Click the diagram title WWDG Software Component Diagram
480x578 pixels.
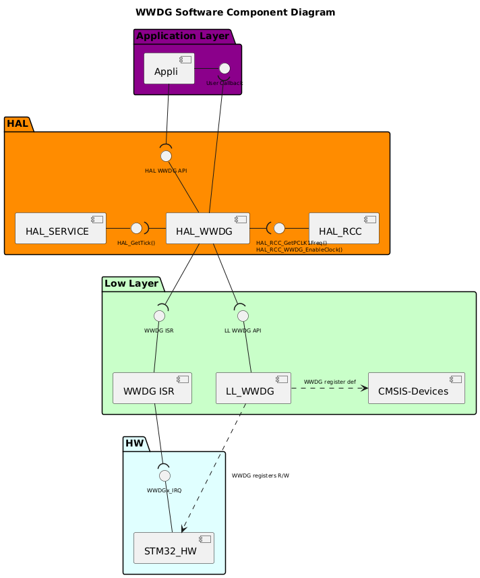[x=235, y=12]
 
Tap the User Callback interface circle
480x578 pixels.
[x=224, y=68]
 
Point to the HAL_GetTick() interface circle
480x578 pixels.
[x=135, y=228]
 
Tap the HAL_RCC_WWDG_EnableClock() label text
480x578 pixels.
[x=299, y=250]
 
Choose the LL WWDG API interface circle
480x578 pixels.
[x=243, y=316]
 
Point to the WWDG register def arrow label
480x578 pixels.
[x=330, y=382]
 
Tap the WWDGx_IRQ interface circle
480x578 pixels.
[x=164, y=475]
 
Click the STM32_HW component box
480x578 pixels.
[x=174, y=548]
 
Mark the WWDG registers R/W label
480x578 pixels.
[x=260, y=475]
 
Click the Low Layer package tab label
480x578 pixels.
[x=131, y=283]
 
